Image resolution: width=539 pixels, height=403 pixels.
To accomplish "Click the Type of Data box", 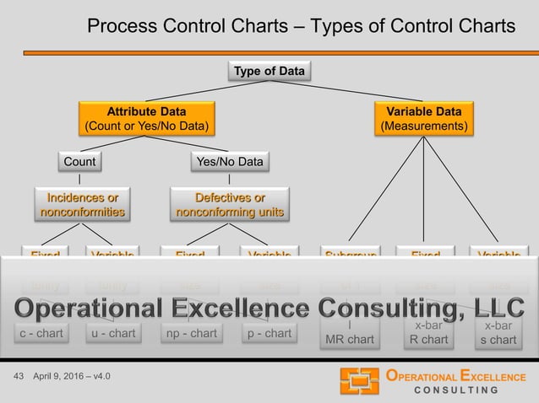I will [269, 72].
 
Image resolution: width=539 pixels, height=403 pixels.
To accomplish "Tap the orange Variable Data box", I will [423, 119].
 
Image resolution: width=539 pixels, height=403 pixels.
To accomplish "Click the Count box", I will [79, 161].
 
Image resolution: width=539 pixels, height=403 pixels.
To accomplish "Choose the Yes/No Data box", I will [230, 161].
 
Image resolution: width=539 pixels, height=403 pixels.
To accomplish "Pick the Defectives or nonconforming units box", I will [230, 205].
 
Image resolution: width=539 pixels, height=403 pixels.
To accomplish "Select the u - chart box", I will [112, 333].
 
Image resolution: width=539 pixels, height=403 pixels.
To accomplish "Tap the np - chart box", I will [192, 333].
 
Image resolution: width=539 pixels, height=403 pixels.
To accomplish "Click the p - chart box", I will [269, 333].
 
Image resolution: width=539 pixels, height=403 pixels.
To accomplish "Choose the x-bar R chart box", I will [425, 333].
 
